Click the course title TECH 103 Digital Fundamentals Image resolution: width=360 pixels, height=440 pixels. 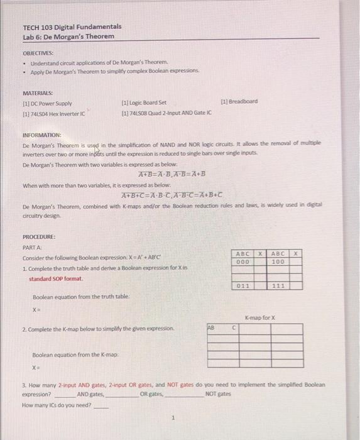coord(72,27)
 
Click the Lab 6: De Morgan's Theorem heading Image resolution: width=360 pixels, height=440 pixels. coord(68,36)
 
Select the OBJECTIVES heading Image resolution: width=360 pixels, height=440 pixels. coord(38,54)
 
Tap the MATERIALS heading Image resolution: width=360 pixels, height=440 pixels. coord(37,92)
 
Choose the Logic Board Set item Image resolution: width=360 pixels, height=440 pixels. coord(144,102)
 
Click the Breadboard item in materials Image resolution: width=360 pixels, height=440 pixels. coord(239,101)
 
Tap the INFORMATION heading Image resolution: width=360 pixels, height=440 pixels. coord(42,135)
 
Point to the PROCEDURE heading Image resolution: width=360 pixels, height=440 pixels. coord(39,237)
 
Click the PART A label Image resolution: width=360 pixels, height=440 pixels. coord(32,248)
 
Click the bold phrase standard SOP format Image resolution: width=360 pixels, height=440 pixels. coord(56,278)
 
